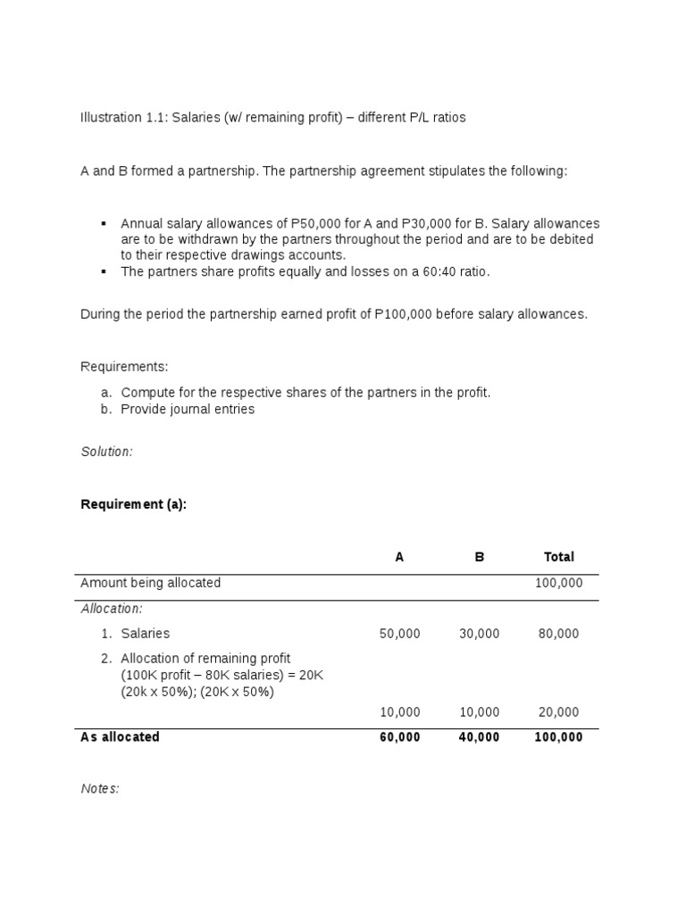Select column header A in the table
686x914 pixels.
(x=399, y=557)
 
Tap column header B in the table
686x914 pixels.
(x=480, y=557)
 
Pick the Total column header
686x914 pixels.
(x=559, y=557)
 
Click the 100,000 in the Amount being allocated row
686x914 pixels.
(x=559, y=583)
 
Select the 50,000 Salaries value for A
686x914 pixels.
(x=399, y=634)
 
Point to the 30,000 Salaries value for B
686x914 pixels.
(x=480, y=634)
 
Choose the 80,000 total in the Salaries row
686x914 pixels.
(x=559, y=634)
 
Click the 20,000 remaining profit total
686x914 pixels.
(x=559, y=712)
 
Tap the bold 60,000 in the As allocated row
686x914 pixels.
(x=399, y=737)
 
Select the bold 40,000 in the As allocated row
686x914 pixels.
(x=480, y=737)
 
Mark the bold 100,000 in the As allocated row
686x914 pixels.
(x=559, y=737)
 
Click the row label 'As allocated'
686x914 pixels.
(x=120, y=737)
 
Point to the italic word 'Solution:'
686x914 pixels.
(x=106, y=452)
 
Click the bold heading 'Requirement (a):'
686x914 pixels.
(x=133, y=504)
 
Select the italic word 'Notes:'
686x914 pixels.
(x=99, y=789)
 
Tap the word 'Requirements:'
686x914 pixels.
(x=124, y=367)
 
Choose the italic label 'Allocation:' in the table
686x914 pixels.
(x=112, y=609)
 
